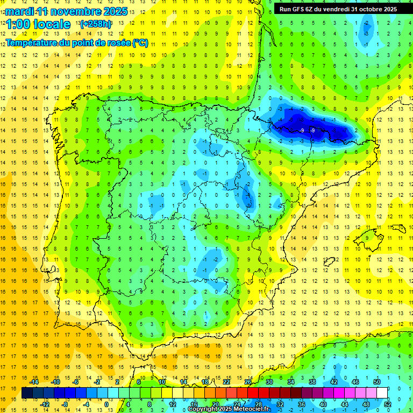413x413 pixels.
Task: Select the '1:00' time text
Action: [x=18, y=24]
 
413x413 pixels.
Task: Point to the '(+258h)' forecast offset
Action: [x=95, y=24]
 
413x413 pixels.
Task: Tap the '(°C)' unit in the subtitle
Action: [x=140, y=42]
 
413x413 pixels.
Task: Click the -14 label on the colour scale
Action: [x=33, y=382]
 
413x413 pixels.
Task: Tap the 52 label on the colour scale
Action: [x=388, y=404]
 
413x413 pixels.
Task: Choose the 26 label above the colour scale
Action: [x=248, y=382]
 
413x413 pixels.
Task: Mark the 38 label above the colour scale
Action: [x=312, y=382]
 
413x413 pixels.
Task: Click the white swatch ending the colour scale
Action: [x=382, y=393]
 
